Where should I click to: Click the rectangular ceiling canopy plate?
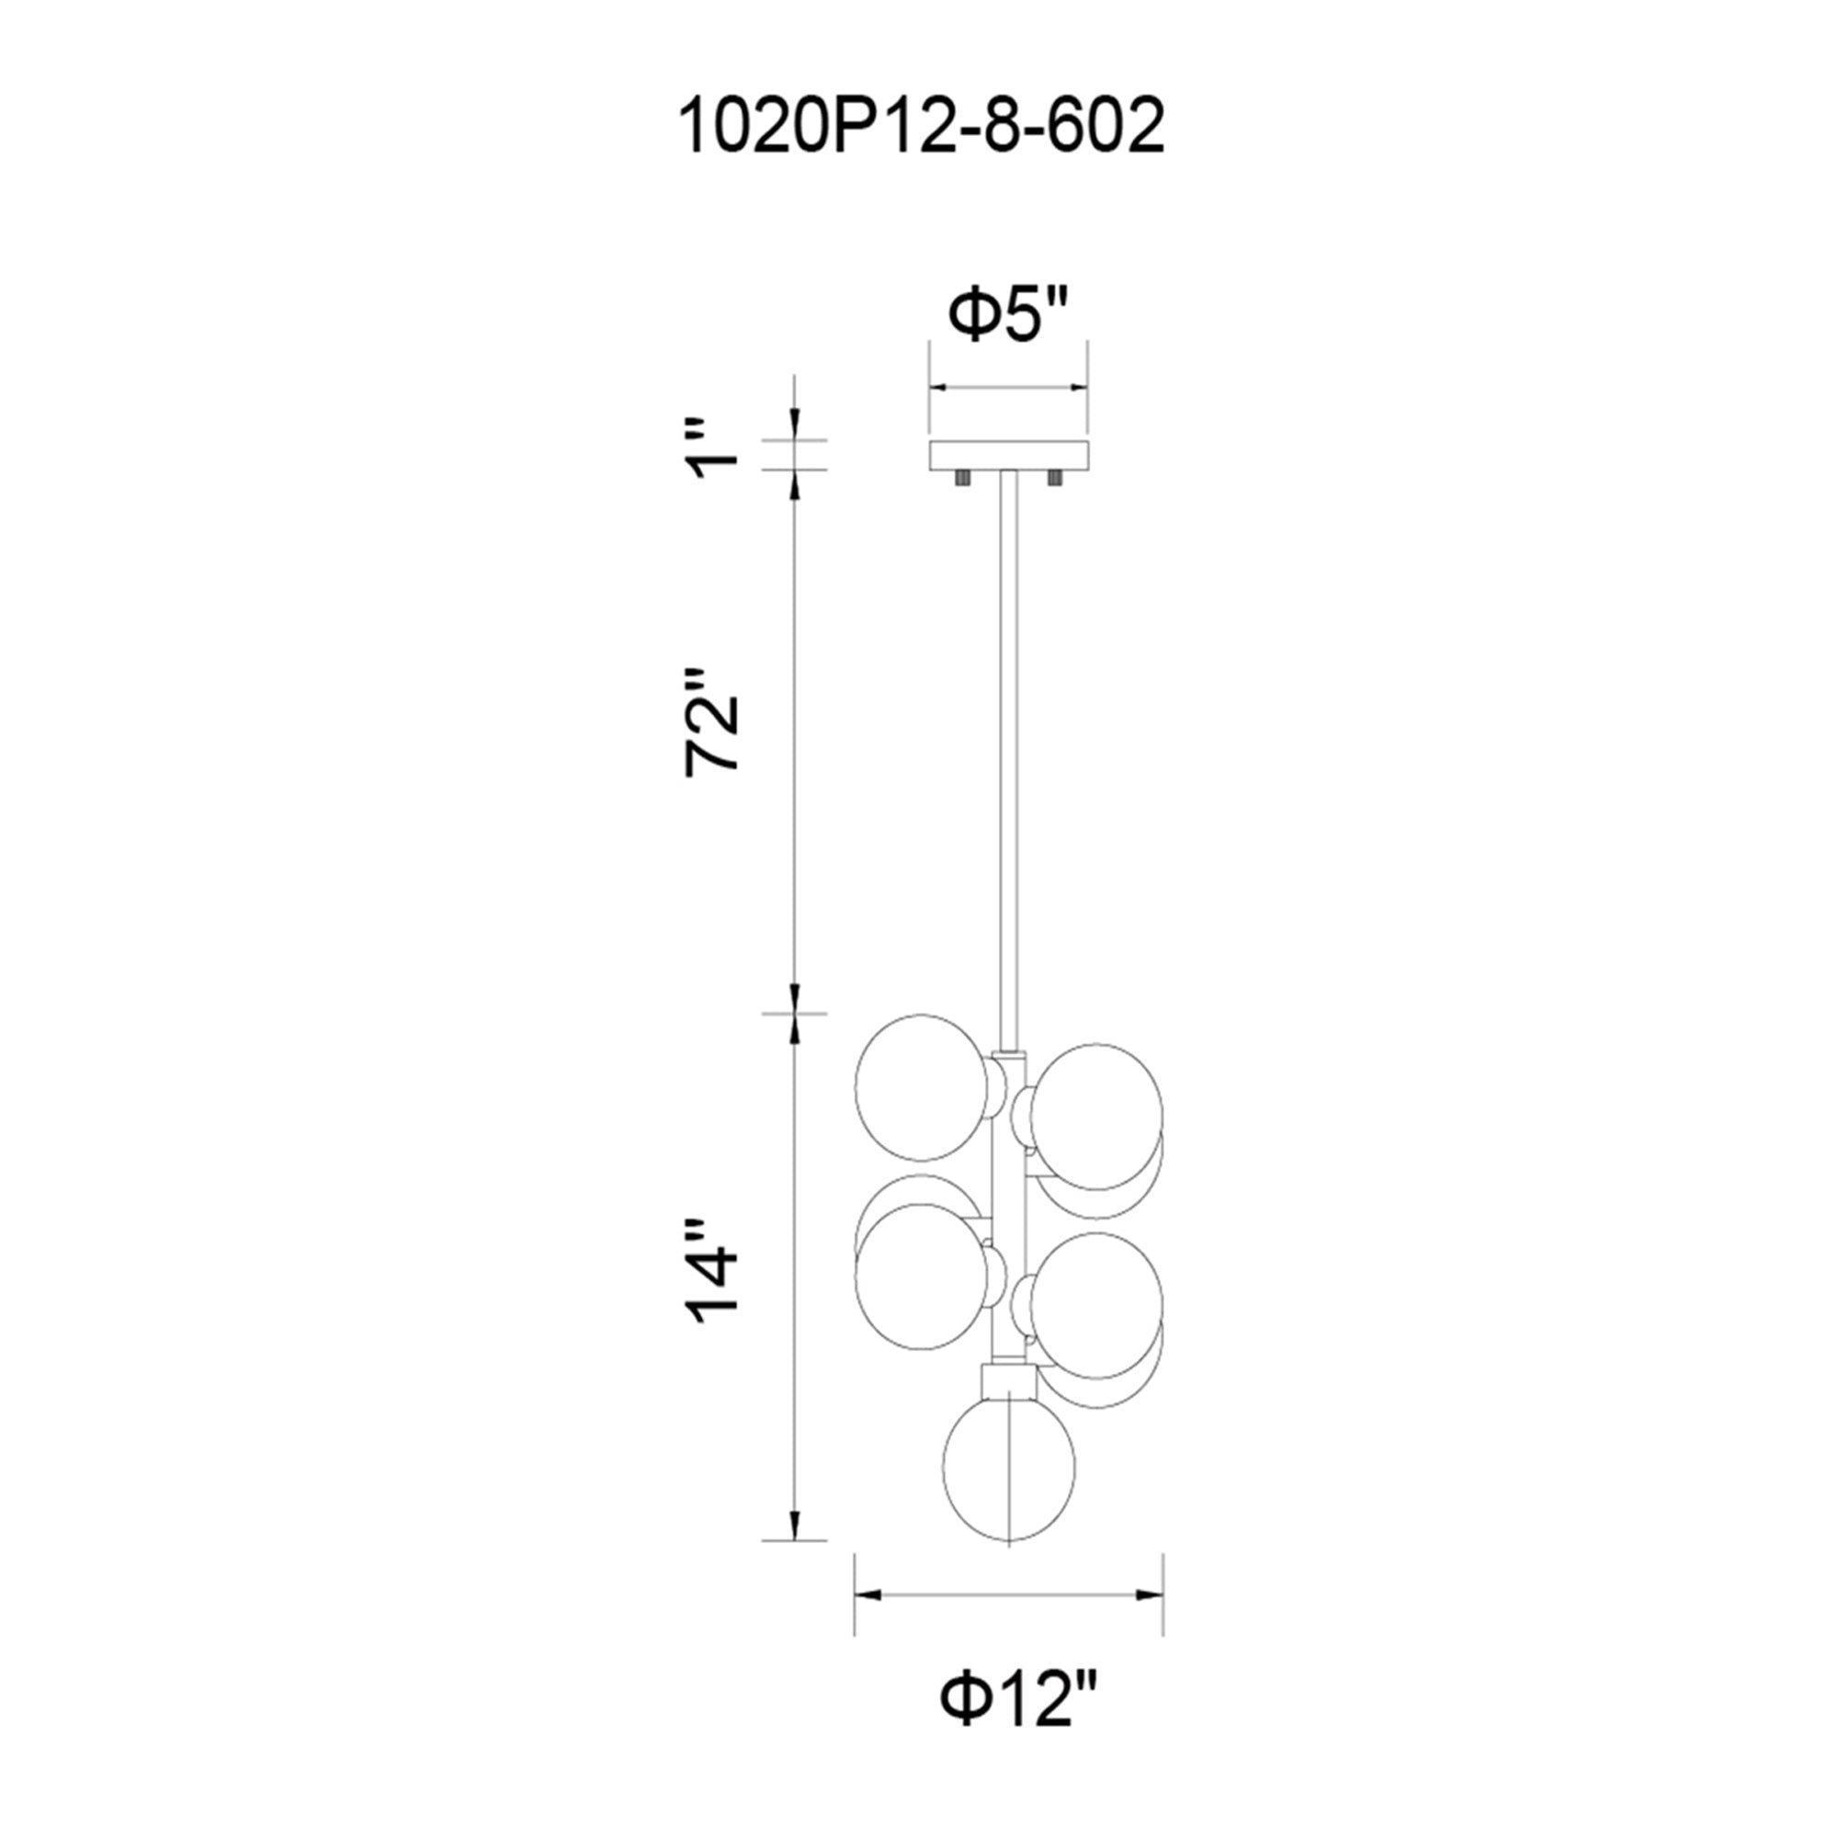tap(1008, 455)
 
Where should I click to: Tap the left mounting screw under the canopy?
tap(961, 478)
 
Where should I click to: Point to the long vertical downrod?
tap(1008, 761)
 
